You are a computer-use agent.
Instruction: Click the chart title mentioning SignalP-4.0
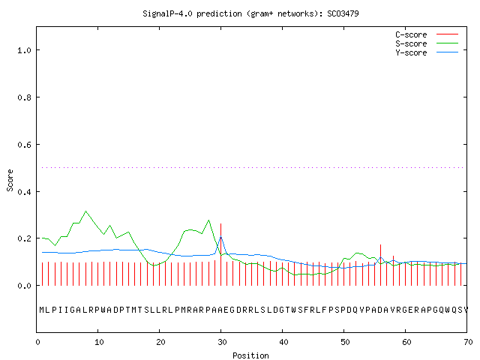[x=250, y=13]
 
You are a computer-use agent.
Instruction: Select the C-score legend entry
[x=427, y=34]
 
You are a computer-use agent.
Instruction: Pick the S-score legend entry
[x=427, y=43]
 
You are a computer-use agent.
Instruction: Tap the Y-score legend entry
[x=427, y=52]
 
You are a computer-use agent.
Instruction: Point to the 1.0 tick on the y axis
[x=24, y=50]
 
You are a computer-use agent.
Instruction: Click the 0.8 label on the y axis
[x=24, y=97]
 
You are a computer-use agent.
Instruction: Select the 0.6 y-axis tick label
[x=24, y=145]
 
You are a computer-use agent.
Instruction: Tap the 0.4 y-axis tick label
[x=24, y=192]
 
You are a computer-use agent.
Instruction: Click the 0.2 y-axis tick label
[x=24, y=238]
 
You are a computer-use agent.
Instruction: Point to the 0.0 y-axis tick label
[x=24, y=286]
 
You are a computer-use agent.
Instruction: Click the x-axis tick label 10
[x=99, y=342]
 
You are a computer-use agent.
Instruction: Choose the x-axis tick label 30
[x=222, y=342]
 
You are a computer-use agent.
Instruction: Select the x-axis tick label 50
[x=345, y=342]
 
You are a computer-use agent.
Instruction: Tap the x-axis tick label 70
[x=468, y=342]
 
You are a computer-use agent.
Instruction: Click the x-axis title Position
[x=250, y=355]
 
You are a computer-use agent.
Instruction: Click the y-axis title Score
[x=10, y=180]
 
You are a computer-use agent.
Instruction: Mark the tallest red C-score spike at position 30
[x=220, y=254]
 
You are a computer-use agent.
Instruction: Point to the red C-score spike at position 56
[x=380, y=265]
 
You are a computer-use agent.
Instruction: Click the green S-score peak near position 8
[x=85, y=211]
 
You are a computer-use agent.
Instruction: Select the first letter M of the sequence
[x=42, y=310]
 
